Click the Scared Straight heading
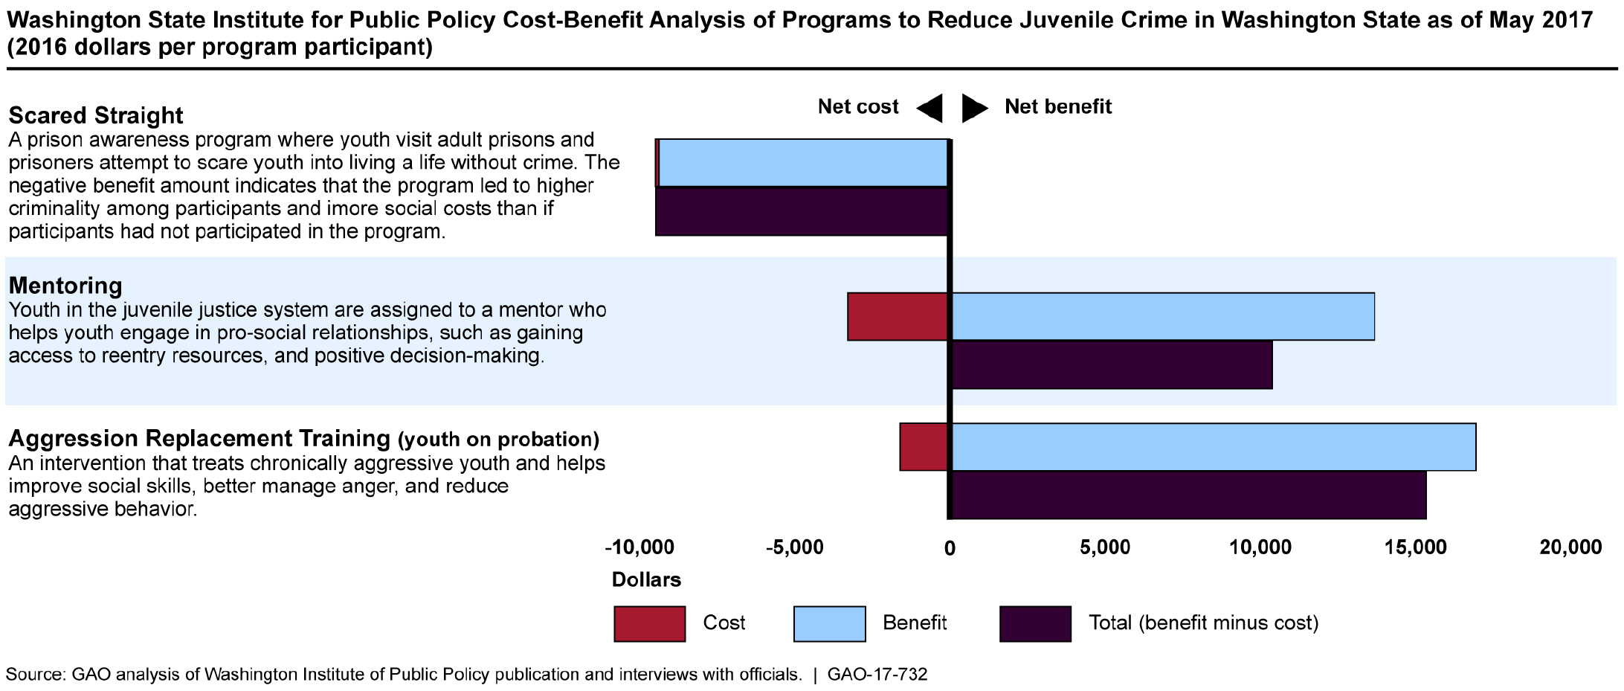(96, 115)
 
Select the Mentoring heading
(65, 286)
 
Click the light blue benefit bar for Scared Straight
(803, 163)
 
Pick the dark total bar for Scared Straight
(802, 212)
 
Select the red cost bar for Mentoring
(898, 317)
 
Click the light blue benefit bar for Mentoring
(1163, 317)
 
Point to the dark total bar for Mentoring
(1112, 365)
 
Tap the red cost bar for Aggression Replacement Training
(924, 447)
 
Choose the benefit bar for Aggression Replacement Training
(1214, 447)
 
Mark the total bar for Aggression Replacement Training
(1188, 495)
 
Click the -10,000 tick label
(639, 548)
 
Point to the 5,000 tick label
(1105, 548)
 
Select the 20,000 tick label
(1570, 548)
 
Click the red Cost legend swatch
(649, 624)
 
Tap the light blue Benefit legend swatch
(829, 624)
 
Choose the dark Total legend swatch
(1035, 624)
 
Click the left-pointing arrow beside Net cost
(929, 109)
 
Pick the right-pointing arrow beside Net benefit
(974, 109)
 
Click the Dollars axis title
(646, 580)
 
